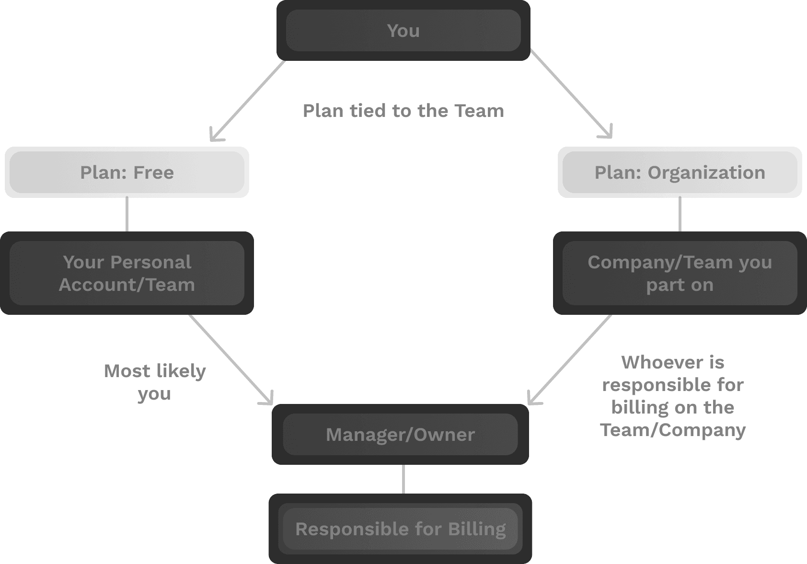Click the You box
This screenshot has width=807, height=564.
[403, 31]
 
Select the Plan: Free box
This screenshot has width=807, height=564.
[127, 173]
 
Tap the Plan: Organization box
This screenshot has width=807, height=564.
[680, 173]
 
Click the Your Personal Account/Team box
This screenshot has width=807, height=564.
[127, 273]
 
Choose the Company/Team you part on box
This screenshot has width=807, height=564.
[680, 273]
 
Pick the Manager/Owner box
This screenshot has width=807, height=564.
[400, 435]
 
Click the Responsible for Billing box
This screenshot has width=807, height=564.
[400, 529]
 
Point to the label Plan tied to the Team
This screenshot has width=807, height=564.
[403, 111]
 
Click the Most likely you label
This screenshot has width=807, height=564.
[155, 382]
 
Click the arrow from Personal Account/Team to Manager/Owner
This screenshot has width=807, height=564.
[230, 358]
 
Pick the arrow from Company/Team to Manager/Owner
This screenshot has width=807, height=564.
[570, 358]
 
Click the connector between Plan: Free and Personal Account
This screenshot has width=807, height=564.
[127, 215]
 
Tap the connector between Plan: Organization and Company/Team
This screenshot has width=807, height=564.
[680, 215]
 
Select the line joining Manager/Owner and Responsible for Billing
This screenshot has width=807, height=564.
[403, 479]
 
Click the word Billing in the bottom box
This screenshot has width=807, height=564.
[477, 529]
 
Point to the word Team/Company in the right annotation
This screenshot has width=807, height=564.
[672, 430]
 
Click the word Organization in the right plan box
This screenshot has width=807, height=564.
[706, 173]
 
